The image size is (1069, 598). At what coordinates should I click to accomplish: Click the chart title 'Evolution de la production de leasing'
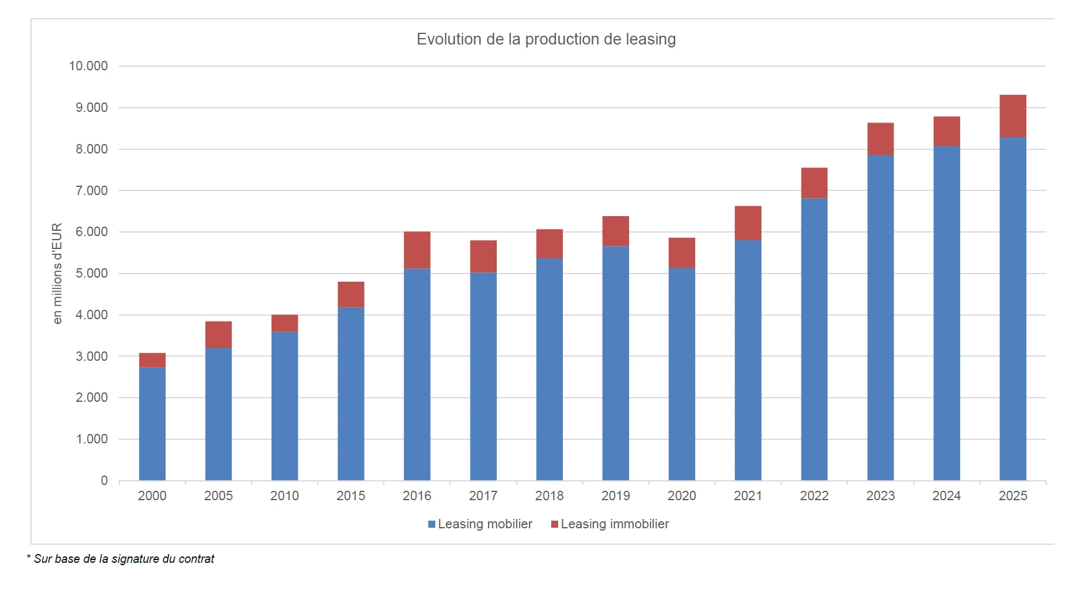coord(546,39)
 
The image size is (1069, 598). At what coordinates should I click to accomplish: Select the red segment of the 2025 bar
coord(1012,116)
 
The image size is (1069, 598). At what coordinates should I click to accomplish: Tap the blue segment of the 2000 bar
coord(152,423)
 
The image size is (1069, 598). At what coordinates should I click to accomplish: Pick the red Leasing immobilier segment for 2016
coord(417,250)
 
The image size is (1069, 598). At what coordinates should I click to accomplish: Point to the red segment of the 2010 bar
coord(284,323)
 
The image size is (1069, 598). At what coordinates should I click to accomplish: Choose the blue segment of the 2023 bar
coord(880,317)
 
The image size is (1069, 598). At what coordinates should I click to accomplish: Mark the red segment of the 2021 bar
coord(748,223)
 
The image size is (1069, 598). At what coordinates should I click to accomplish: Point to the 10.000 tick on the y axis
coord(88,66)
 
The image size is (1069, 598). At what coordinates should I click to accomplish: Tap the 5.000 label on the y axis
coord(91,274)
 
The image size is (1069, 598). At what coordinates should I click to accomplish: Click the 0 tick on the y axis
coord(104,481)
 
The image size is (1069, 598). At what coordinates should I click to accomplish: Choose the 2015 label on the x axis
coord(350,496)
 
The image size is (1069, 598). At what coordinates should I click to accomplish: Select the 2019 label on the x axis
coord(616,496)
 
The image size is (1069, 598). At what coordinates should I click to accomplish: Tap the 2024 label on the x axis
coord(946,496)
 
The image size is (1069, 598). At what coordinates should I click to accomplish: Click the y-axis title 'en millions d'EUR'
coord(57,274)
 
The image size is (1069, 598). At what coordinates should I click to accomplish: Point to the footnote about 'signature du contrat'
coord(121,559)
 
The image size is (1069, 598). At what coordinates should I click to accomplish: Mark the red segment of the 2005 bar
coord(218,334)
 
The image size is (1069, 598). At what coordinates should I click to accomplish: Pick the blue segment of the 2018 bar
coord(549,369)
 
